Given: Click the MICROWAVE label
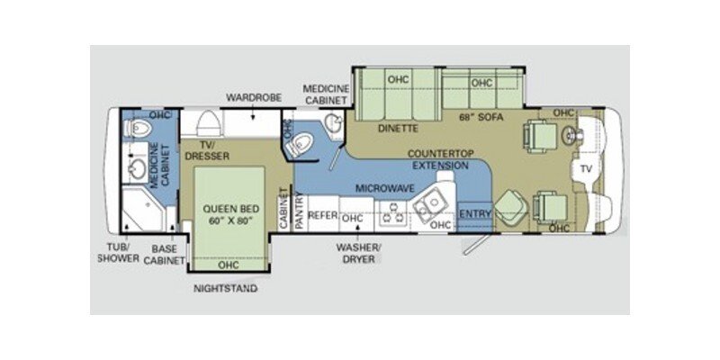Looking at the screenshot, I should coord(377,189).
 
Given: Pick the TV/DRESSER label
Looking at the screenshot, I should coord(208,150).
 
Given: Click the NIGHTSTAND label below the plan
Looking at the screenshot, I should coord(225,289).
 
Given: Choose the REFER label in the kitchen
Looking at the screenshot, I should coord(322,216).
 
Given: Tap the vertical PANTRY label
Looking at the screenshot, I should coord(296,216).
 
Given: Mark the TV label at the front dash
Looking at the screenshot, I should coord(587,168).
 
